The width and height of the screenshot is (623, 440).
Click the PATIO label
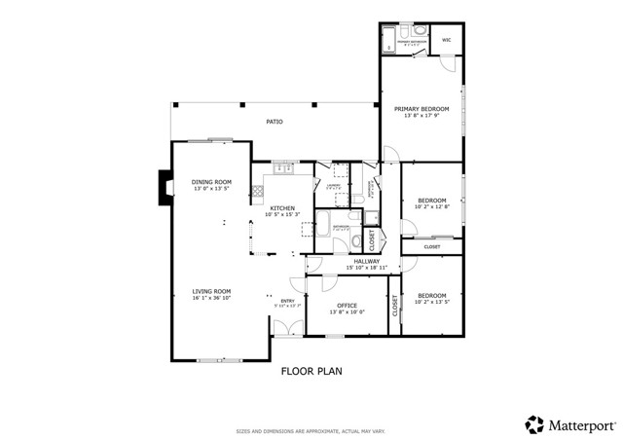click(x=275, y=122)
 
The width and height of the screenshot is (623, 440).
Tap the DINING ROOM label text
click(x=211, y=182)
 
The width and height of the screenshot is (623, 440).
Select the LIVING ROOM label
click(x=210, y=291)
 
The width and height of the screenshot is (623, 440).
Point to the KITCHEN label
click(x=282, y=208)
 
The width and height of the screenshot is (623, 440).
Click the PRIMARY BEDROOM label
click(x=421, y=109)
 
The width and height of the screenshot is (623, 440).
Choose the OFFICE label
click(x=347, y=306)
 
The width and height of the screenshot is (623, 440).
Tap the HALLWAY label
click(x=366, y=261)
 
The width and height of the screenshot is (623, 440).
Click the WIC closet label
click(x=447, y=40)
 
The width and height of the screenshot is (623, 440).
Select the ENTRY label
click(x=287, y=301)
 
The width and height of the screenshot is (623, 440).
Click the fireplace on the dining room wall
click(x=165, y=185)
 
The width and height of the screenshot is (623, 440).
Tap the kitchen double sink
click(x=285, y=168)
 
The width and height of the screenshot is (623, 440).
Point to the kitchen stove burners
click(x=258, y=190)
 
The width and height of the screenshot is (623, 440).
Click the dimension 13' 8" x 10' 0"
click(x=347, y=312)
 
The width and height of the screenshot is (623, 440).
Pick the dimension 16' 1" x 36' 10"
click(x=210, y=298)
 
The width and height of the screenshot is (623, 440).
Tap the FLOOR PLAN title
click(x=311, y=371)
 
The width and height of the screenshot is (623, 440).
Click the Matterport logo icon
click(x=534, y=424)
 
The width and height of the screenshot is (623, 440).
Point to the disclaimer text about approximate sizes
click(x=311, y=430)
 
